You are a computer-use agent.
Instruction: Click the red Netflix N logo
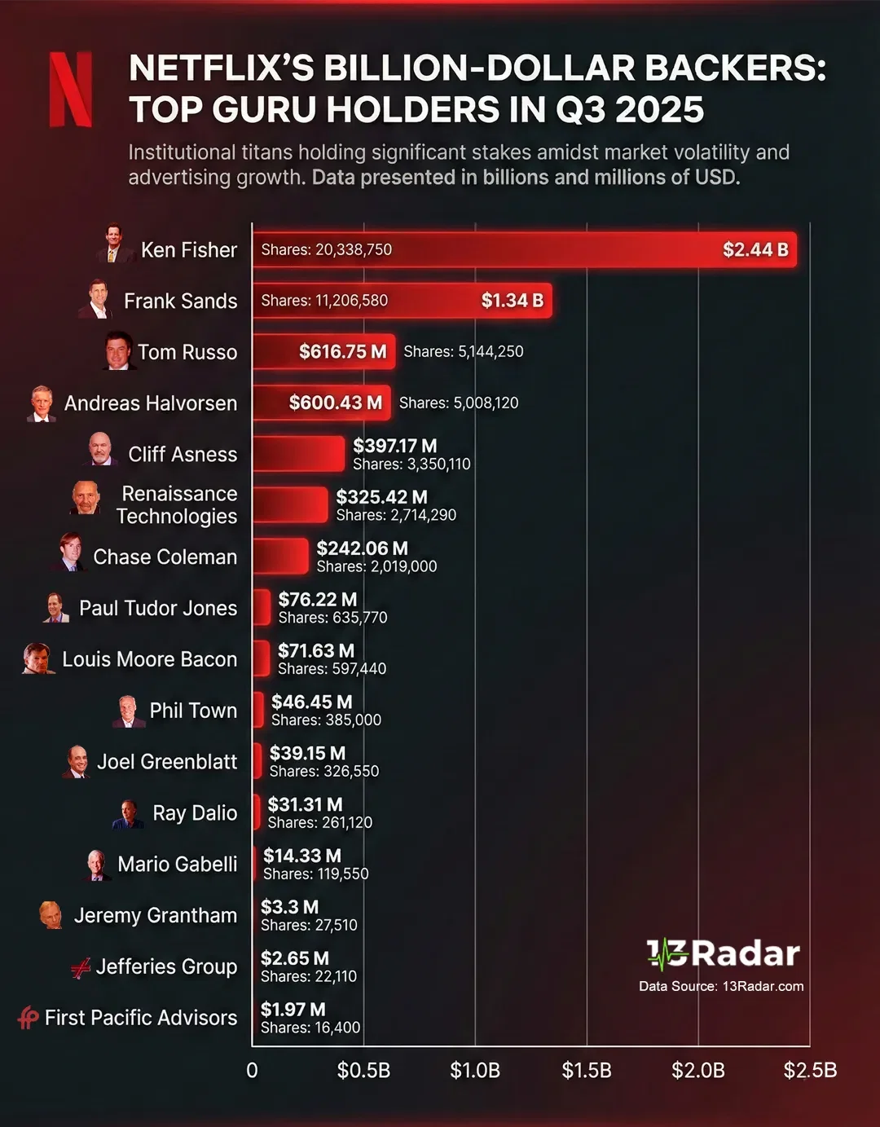71,90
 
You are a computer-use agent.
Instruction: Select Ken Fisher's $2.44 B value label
755,249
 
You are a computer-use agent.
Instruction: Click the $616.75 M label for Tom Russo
342,351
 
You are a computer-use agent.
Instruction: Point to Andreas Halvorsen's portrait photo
42,403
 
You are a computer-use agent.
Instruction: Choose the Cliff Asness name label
183,454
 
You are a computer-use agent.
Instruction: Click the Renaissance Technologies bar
290,505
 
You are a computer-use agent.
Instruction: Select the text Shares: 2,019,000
376,566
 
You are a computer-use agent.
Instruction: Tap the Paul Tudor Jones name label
158,608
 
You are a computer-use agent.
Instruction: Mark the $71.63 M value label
316,650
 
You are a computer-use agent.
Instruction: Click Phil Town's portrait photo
128,711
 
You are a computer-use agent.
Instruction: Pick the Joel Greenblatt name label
167,761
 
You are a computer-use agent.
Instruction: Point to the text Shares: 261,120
320,822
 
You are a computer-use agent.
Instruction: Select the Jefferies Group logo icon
80,968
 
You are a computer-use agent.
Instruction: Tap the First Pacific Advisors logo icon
29,1018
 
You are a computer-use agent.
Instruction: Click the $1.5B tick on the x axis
587,1070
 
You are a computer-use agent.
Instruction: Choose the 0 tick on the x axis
252,1070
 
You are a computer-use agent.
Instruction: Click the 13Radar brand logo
723,953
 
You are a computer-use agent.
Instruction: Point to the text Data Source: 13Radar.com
721,986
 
